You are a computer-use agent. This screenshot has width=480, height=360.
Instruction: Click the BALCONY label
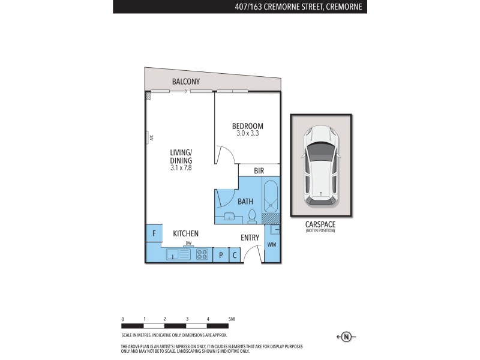point(185,82)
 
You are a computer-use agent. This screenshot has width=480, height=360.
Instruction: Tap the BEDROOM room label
point(248,126)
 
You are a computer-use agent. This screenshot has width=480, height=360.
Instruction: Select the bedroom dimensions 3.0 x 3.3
point(248,134)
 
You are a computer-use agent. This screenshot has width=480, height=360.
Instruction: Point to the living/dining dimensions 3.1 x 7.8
point(181,169)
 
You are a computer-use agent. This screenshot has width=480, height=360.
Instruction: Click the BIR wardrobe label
point(259,171)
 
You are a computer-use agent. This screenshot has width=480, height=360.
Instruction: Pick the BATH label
point(245,202)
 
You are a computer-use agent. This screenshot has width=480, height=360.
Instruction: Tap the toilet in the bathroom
point(252,215)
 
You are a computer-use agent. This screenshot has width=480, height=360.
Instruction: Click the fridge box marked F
point(154,233)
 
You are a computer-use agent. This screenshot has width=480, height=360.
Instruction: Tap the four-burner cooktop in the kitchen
point(202,254)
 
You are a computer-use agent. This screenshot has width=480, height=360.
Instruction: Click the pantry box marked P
point(220,255)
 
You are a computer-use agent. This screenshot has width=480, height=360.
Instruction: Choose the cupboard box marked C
point(235,255)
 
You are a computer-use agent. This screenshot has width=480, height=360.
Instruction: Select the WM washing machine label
point(272,244)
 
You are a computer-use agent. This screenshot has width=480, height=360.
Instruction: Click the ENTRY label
point(250,238)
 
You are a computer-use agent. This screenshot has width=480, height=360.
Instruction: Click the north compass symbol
point(346,337)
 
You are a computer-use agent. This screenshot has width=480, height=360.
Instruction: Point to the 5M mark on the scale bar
point(231,319)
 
